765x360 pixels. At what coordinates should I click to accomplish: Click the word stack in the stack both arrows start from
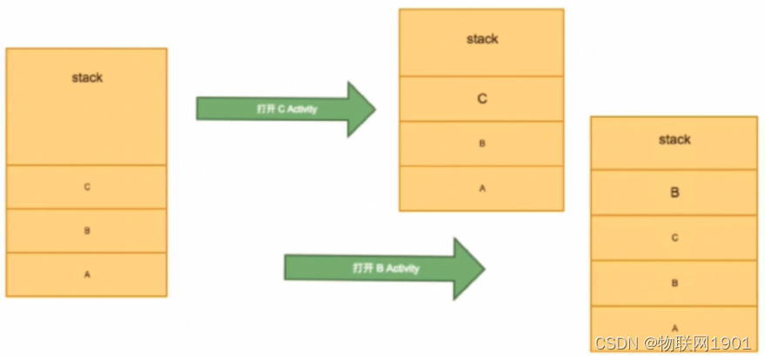pos(87,78)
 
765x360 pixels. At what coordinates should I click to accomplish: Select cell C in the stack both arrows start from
pos(87,187)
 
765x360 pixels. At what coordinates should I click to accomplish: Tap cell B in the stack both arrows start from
pos(87,231)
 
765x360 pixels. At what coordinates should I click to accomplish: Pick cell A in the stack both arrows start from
pos(87,275)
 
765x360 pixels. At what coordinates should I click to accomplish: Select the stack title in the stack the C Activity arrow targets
pos(482,39)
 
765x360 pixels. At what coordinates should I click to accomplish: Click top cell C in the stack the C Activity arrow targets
pos(482,99)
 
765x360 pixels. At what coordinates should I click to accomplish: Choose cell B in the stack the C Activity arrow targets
pos(482,143)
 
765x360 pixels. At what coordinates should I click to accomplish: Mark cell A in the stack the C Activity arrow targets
pos(482,187)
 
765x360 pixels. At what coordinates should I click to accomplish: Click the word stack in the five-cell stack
pos(674,139)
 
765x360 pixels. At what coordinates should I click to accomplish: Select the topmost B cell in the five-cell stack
pos(674,193)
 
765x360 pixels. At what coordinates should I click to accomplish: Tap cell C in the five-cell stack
pos(674,237)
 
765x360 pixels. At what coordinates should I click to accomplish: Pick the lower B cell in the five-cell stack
pos(674,283)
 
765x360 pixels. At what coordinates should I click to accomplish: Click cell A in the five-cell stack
pos(674,327)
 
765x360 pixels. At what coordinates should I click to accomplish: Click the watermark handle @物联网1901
pos(698,343)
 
